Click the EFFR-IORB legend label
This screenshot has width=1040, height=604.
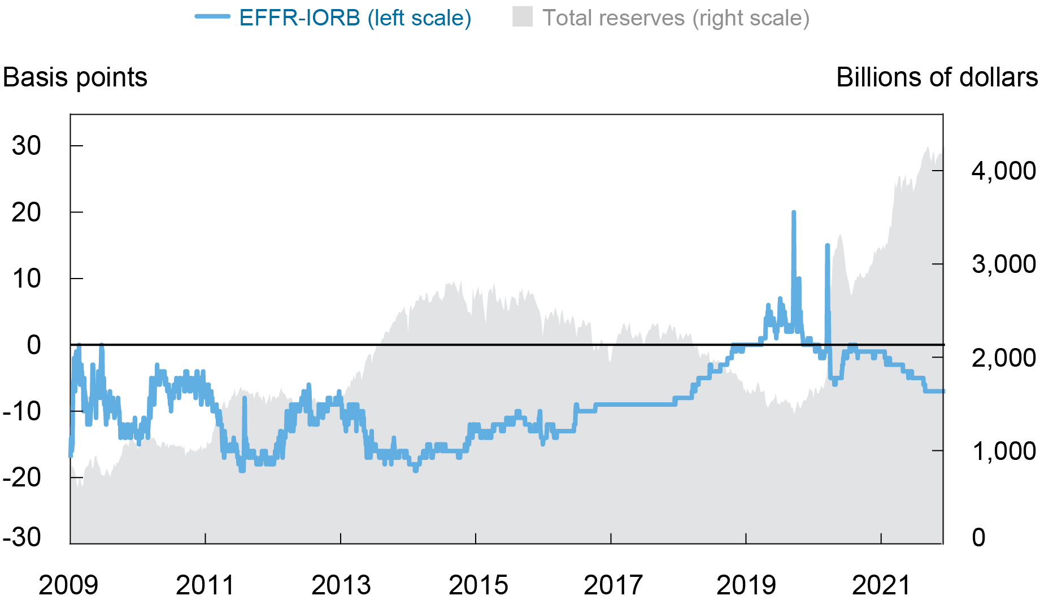point(355,18)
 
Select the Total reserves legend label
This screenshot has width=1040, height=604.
point(676,18)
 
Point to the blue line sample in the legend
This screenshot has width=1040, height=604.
point(212,17)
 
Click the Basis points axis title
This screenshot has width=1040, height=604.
point(75,77)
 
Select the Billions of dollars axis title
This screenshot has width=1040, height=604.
point(937,77)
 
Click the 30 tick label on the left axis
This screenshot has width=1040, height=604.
point(27,146)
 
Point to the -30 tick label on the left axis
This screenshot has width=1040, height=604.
point(22,537)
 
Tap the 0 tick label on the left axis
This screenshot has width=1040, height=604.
point(34,345)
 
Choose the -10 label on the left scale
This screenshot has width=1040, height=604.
point(22,411)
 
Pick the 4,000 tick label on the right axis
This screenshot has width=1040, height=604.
point(1003,171)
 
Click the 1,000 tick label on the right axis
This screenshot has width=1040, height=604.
point(1003,451)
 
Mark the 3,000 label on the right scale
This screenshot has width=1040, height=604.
point(1003,264)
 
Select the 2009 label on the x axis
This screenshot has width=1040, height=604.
point(68,585)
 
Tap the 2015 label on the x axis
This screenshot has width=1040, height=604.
point(478,585)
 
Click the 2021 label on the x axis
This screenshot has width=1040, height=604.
point(881,585)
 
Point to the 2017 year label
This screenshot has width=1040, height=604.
point(613,585)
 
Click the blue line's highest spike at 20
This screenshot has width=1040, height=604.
point(794,213)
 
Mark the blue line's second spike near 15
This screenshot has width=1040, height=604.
point(827,246)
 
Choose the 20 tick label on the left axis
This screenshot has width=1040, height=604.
point(27,213)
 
